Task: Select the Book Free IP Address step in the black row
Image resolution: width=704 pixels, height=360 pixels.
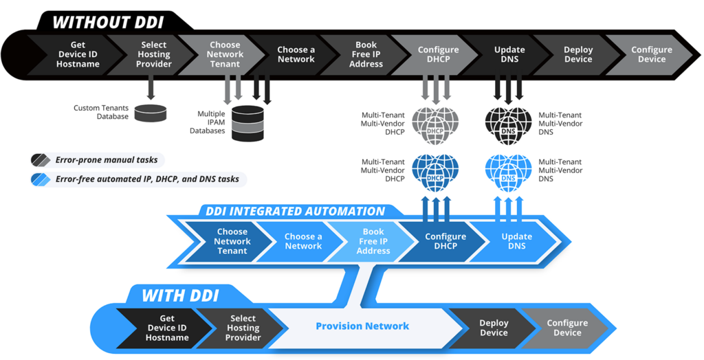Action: (x=366, y=55)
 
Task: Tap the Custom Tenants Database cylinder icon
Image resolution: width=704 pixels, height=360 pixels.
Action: (x=151, y=113)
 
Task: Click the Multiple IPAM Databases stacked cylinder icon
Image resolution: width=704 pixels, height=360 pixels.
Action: (x=247, y=123)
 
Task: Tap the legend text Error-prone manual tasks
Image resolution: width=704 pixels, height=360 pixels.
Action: (x=107, y=160)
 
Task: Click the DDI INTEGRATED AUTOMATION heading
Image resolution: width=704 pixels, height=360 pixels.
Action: (x=296, y=212)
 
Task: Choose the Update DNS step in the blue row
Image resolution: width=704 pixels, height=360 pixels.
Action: (x=516, y=241)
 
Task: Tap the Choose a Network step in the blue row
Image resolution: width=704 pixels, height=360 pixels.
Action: (x=303, y=241)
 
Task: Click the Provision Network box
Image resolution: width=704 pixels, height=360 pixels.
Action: (x=362, y=326)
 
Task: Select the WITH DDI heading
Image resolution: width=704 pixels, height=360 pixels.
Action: (x=180, y=296)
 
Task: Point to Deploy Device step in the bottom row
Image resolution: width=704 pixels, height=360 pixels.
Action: (x=494, y=328)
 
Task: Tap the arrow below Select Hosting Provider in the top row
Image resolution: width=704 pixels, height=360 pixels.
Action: (x=151, y=89)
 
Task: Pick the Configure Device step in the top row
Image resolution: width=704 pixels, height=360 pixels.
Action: (x=651, y=55)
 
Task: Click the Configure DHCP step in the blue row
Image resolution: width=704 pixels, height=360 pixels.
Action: (x=445, y=241)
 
